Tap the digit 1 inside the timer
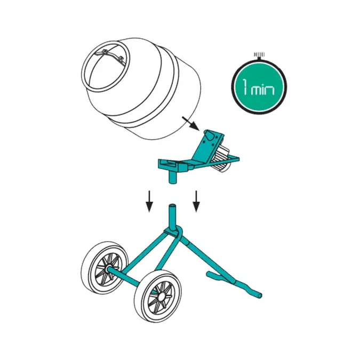[245, 86]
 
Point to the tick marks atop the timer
[259, 54]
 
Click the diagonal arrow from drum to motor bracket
[191, 123]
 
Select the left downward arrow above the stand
[149, 201]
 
